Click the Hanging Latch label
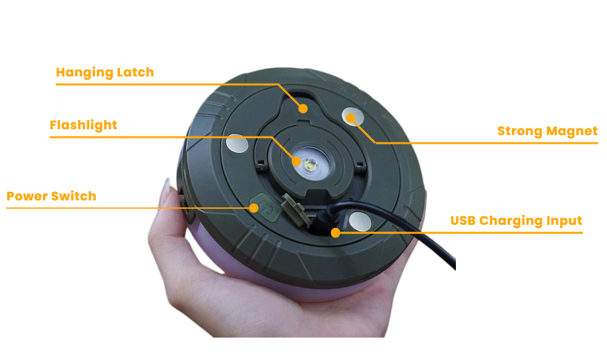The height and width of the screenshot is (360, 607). [105, 73]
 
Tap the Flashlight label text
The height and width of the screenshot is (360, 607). [83, 125]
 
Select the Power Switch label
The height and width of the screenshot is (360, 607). [51, 196]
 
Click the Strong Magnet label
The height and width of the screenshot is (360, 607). [548, 131]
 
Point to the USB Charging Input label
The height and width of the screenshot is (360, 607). [516, 221]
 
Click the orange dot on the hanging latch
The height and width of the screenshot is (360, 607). [303, 109]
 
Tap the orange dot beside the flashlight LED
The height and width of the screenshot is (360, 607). [296, 161]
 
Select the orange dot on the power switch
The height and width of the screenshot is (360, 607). [253, 208]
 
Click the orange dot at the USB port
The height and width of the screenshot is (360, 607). [336, 233]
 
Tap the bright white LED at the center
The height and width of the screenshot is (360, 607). [311, 165]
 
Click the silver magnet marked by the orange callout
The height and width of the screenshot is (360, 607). [353, 117]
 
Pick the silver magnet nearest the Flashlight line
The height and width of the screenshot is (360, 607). [237, 143]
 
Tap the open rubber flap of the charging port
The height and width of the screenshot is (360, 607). [296, 209]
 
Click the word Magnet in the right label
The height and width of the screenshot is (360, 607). [572, 131]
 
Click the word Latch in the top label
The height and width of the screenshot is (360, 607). [135, 73]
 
